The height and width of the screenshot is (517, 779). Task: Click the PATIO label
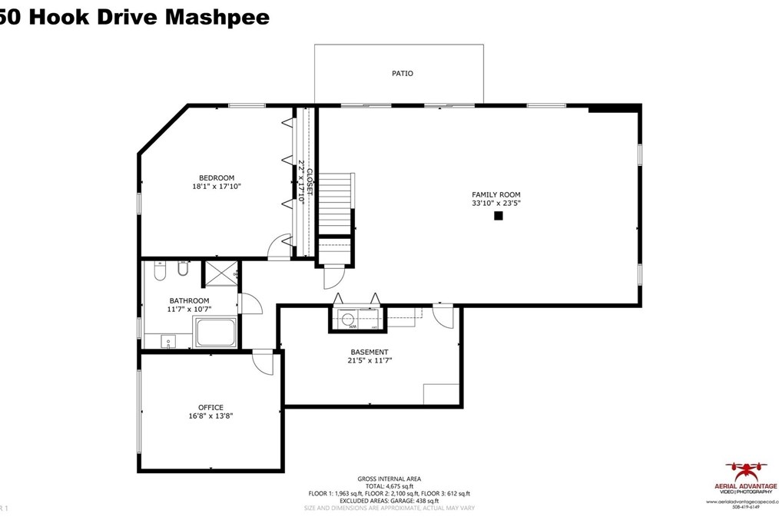(x=403, y=74)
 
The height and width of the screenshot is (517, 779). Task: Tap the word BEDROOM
(x=217, y=178)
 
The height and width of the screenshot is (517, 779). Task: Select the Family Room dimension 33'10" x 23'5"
(x=496, y=204)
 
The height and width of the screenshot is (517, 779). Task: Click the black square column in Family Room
(x=498, y=217)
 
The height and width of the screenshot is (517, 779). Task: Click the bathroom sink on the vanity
(x=168, y=340)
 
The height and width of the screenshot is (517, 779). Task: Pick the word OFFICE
(x=210, y=408)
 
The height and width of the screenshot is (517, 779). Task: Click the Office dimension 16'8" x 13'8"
(x=210, y=416)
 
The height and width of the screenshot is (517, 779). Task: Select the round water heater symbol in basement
(x=346, y=319)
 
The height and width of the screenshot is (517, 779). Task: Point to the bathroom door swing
(x=250, y=304)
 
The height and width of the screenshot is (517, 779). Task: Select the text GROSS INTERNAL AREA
(x=389, y=479)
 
